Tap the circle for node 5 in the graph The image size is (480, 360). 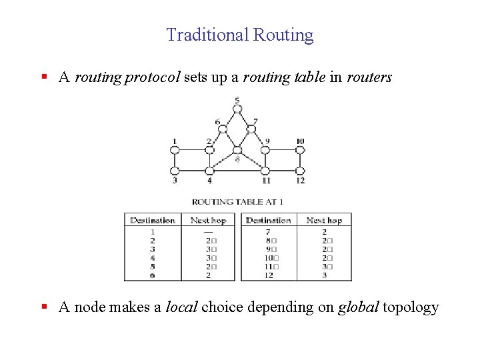[x=237, y=110]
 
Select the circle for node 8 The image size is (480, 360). [x=237, y=150]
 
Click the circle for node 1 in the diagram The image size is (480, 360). [x=175, y=151]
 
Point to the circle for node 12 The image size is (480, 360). [x=300, y=171]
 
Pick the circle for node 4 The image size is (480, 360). [x=209, y=171]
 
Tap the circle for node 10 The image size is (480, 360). [x=300, y=151]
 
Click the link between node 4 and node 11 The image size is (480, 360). [x=237, y=171]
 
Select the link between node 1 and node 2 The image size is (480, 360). [x=192, y=151]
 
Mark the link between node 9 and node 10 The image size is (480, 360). [x=283, y=151]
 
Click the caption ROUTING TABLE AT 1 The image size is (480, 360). [x=237, y=201]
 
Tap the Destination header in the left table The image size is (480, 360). [x=153, y=220]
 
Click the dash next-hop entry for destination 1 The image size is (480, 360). [x=209, y=231]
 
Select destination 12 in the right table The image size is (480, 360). [x=268, y=275]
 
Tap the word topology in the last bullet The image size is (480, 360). [x=411, y=307]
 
